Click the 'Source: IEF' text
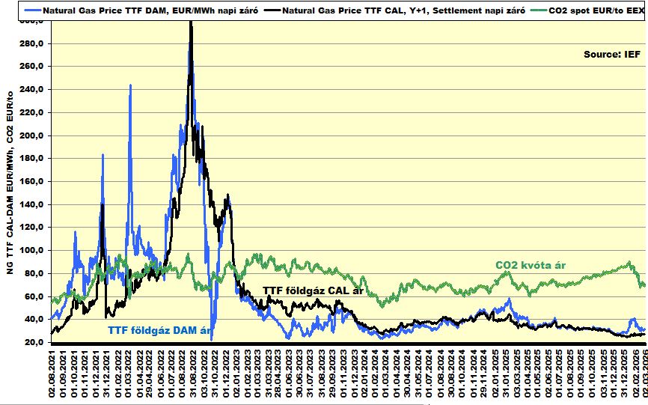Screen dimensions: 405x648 611,54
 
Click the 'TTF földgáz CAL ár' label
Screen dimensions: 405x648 312,291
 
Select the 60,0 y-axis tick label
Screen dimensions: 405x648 36,296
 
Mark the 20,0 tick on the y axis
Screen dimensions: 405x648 36,342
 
